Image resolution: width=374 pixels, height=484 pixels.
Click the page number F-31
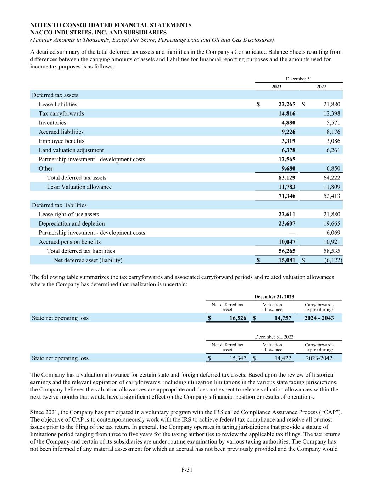pyautogui.click(x=187, y=470)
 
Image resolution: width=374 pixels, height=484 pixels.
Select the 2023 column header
pyautogui.click(x=277, y=87)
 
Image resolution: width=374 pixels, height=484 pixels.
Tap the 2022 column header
pyautogui.click(x=321, y=87)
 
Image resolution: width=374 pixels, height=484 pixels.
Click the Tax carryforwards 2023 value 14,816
pyautogui.click(x=286, y=113)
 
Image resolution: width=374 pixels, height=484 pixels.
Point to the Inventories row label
pyautogui.click(x=52, y=123)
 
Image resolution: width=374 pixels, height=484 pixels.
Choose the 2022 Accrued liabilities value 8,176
pyautogui.click(x=332, y=132)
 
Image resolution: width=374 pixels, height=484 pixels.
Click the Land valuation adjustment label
pyautogui.click(x=71, y=150)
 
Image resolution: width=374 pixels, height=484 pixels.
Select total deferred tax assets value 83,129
pyautogui.click(x=286, y=178)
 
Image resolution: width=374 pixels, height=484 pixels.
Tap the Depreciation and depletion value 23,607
pyautogui.click(x=286, y=223)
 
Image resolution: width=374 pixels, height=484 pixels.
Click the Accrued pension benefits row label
pyautogui.click(x=70, y=242)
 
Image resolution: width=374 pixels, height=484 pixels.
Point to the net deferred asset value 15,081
pyautogui.click(x=286, y=260)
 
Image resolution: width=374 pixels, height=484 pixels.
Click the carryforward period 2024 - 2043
pyautogui.click(x=319, y=318)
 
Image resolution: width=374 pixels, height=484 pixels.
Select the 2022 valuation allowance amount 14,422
pyautogui.click(x=283, y=358)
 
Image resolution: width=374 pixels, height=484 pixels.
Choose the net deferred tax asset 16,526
pyautogui.click(x=238, y=318)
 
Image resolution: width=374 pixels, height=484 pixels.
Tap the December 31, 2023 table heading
pyautogui.click(x=274, y=296)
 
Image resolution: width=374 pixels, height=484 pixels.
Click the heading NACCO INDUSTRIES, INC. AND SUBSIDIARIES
pyautogui.click(x=99, y=32)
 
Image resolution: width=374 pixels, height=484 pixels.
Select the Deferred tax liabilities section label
pyautogui.click(x=59, y=205)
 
